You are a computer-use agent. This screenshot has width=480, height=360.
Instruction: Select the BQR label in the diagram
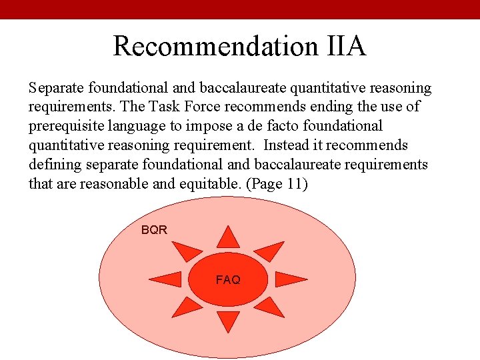coord(154,230)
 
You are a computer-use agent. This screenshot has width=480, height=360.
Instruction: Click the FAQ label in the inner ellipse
coord(228,280)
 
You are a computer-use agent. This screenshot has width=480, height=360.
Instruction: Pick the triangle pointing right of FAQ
coord(291,279)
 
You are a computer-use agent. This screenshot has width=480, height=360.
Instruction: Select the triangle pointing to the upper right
coord(270,250)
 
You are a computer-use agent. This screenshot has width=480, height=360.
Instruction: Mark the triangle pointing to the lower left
coord(187,307)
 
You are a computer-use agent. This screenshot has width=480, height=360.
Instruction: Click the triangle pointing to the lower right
coord(269,307)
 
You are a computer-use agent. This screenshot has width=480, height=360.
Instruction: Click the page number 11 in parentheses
coord(294,184)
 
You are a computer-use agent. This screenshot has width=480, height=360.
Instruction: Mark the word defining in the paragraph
coord(54,165)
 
